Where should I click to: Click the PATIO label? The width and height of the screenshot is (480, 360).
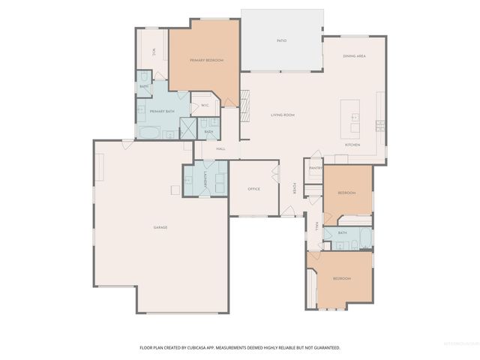282,40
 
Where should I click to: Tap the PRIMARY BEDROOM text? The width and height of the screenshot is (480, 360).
206,60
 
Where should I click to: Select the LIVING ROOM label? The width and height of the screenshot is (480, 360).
283,115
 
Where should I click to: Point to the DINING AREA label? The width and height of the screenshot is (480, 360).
354,56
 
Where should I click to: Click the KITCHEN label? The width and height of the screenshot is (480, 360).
353,145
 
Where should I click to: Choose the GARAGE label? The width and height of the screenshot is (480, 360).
160,227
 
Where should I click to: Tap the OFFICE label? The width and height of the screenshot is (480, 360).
253,189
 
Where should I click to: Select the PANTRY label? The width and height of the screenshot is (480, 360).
315,168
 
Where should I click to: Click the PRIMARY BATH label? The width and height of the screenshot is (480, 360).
162,111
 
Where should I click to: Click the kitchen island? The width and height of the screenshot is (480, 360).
350,113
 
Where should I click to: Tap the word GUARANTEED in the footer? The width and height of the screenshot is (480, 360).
324,348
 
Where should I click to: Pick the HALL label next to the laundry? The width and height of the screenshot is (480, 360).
221,148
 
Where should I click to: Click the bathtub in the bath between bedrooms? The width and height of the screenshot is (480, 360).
363,238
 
